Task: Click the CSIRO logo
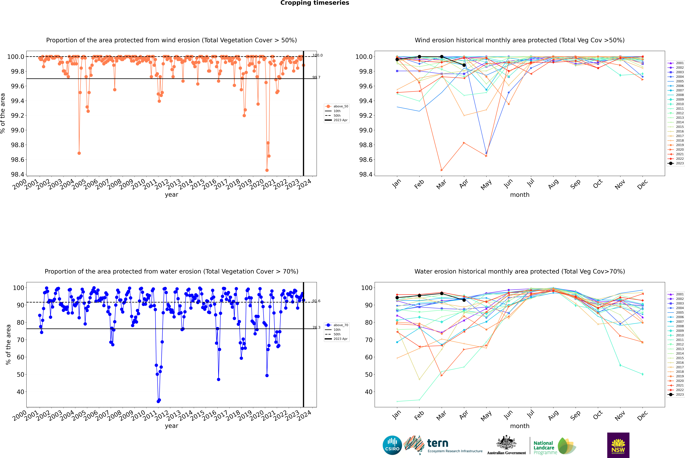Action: tap(392, 445)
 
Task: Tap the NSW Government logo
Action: tap(618, 445)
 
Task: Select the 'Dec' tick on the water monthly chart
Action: tap(642, 415)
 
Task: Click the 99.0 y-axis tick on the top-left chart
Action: tap(18, 130)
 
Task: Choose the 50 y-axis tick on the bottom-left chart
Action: tap(20, 374)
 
